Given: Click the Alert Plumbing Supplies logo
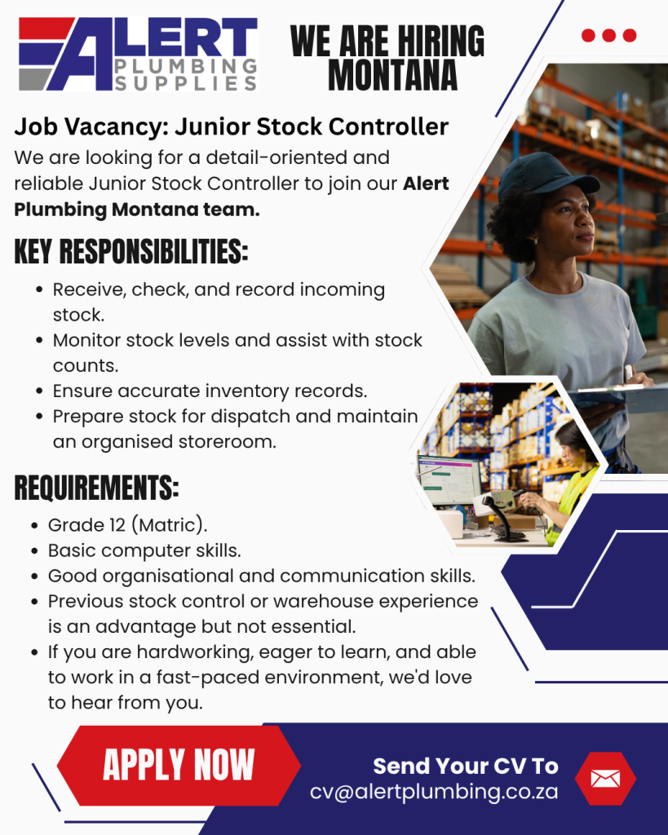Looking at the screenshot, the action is (138, 54).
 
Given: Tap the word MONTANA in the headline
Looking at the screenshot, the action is (392, 75).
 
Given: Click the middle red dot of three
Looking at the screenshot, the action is (609, 35).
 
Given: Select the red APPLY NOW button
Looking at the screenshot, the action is (179, 765).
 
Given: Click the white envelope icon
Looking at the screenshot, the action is (606, 779).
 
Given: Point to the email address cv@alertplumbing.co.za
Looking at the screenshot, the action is (434, 792).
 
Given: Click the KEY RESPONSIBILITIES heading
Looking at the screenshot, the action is (131, 251).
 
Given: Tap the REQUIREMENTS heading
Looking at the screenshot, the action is (96, 488).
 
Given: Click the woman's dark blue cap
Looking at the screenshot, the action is (545, 175).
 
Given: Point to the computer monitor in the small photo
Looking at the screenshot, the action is (450, 480).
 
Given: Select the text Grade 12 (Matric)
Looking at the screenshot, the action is (127, 525).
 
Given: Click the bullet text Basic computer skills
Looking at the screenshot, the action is (144, 550).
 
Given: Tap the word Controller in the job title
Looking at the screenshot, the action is (388, 126).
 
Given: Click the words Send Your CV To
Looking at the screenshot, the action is (466, 767).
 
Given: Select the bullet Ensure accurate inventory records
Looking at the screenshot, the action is (210, 391).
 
